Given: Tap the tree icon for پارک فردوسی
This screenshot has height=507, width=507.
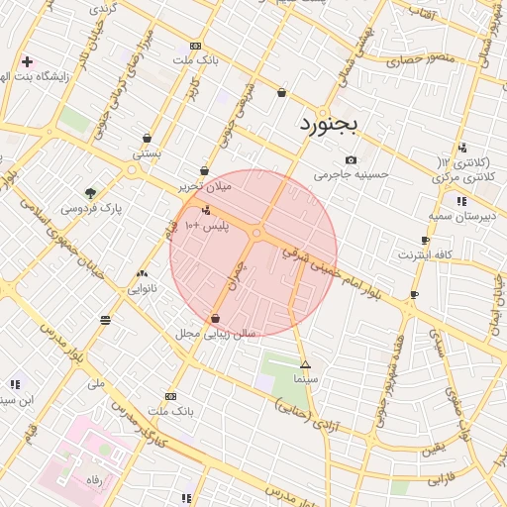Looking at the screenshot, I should point(91,193).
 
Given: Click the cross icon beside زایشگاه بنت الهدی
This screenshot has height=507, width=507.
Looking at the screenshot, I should point(27,61).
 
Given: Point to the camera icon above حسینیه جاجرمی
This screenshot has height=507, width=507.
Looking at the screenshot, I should point(351,160).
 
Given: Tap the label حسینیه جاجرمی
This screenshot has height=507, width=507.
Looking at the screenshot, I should point(353,175).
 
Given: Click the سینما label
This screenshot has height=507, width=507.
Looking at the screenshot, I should point(305,379).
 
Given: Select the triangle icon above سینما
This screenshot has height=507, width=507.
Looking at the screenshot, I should point(305,365).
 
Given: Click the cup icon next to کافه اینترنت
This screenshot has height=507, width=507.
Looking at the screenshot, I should point(426,241).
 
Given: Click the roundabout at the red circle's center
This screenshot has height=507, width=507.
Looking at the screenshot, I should point(255,234).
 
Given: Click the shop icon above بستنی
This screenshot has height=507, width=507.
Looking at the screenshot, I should point(148,139).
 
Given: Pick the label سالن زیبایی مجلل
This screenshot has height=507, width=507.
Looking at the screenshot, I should point(216,334).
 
